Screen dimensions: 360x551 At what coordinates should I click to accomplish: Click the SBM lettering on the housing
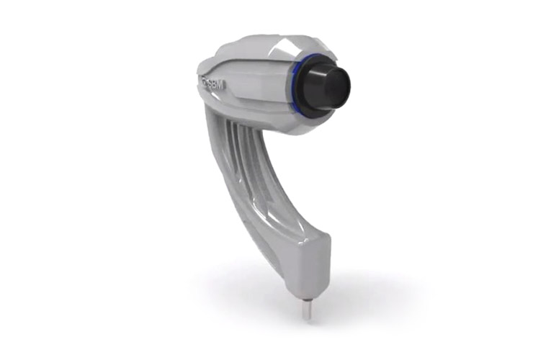(214, 84)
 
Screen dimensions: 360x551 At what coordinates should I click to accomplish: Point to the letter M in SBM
(221, 86)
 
